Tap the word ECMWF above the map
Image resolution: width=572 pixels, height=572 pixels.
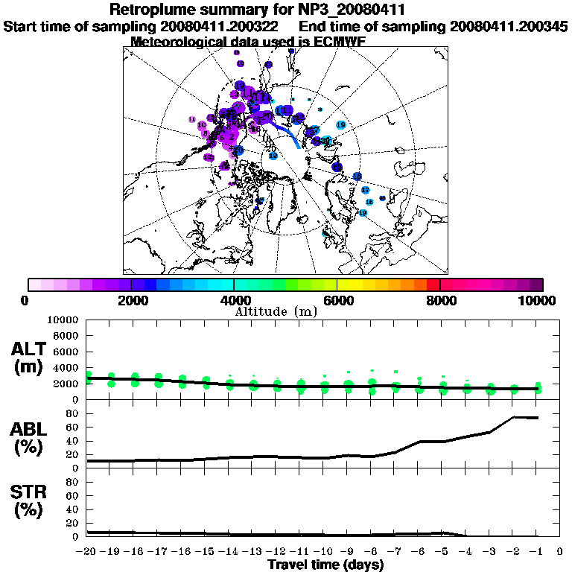(x=332, y=42)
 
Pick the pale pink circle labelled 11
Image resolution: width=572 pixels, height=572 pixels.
(x=192, y=119)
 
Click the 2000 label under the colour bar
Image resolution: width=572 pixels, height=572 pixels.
(x=130, y=300)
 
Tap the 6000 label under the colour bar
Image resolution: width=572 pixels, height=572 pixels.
(x=337, y=300)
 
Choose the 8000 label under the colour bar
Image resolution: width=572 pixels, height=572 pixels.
(x=439, y=300)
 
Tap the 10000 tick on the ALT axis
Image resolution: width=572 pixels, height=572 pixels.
(x=63, y=320)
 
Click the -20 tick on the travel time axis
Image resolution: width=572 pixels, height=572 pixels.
(x=87, y=551)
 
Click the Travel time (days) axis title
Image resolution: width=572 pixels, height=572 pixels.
(x=325, y=565)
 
